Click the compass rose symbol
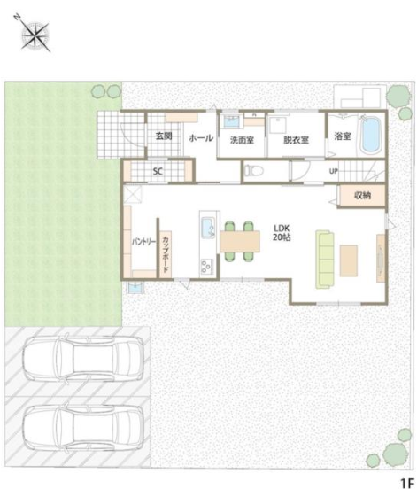pos(35,36)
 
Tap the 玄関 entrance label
pos(164,136)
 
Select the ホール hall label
pos(201,138)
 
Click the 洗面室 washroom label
pos(243,140)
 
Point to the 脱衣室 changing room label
pos(296,140)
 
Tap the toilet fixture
pos(254,171)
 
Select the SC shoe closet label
pos(158,171)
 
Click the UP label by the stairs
pos(334,171)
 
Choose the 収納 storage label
pos(363,196)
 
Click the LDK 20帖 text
pos(282,233)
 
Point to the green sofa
pos(324,260)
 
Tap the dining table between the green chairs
pos(240,241)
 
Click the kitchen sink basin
pos(207,228)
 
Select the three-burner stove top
pos(206,267)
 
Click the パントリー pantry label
pos(143,242)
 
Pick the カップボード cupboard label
pos(166,254)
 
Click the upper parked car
pos(83,358)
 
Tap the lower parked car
pos(83,429)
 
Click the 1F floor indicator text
pos(407,483)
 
